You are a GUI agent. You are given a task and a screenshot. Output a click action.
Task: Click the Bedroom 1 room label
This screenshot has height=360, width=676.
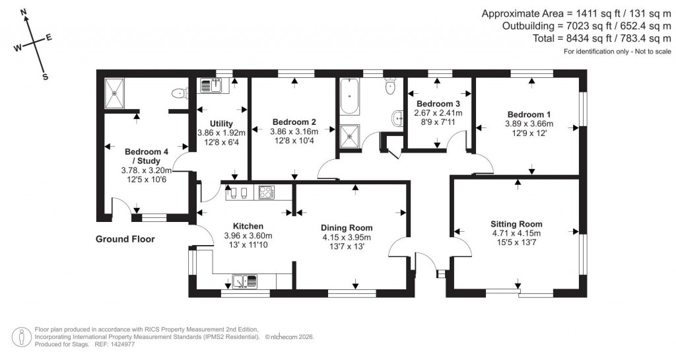tap(529, 113)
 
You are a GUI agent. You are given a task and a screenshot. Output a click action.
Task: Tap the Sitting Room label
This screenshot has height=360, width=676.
tap(516, 223)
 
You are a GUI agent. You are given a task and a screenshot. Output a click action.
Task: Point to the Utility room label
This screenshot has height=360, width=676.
tap(221, 124)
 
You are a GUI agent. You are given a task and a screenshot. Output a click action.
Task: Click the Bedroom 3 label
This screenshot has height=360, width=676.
tap(438, 104)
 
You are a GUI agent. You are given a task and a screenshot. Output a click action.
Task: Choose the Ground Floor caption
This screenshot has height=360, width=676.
tap(125, 239)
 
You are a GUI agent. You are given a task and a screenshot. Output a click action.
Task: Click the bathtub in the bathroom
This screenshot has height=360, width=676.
tap(349, 96)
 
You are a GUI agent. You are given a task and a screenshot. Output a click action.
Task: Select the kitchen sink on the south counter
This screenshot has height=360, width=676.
tap(244, 281)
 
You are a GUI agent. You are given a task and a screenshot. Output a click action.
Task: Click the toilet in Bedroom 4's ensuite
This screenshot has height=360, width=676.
tap(178, 94)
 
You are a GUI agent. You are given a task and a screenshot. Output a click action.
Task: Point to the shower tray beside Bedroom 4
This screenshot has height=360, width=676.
tap(115, 93)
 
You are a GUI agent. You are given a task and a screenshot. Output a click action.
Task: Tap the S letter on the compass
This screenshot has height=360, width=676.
tap(46, 77)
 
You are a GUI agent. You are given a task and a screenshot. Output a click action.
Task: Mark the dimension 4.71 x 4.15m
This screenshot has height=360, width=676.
tap(516, 233)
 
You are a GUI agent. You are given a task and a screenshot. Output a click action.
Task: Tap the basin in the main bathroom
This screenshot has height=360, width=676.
tap(398, 118)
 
